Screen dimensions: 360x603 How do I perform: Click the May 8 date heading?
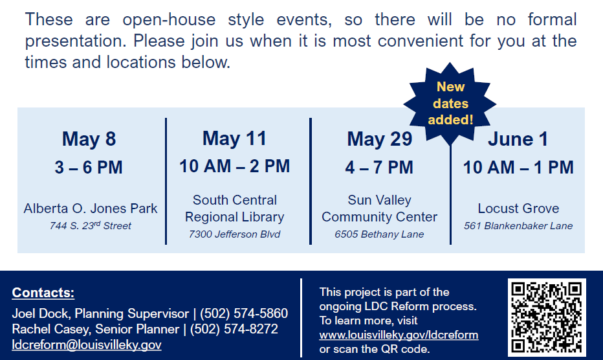[x=89, y=139]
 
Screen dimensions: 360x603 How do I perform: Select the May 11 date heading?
[x=234, y=139]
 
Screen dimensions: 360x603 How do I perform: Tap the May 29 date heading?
[x=379, y=139]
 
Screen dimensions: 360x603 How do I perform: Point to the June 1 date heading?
[x=518, y=139]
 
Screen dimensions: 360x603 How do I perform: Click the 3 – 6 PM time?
[x=89, y=168]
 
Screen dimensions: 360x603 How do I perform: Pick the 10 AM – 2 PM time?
[x=234, y=166]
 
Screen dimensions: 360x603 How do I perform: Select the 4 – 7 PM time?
[x=379, y=168]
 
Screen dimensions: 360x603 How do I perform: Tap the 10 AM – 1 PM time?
[x=518, y=167]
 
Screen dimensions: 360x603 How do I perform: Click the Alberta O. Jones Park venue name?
[x=91, y=208]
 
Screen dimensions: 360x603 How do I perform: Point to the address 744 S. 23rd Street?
[x=91, y=226]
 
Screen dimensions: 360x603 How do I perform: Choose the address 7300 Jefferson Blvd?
[x=234, y=234]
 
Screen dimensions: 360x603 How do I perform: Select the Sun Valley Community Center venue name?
[x=379, y=208]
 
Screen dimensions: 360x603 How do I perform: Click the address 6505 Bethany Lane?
[x=379, y=234]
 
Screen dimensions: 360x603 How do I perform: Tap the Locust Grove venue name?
[x=518, y=208]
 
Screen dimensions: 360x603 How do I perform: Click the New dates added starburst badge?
[x=450, y=103]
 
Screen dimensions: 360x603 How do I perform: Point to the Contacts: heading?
[x=43, y=293]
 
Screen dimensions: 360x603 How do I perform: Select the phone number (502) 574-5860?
[x=244, y=314]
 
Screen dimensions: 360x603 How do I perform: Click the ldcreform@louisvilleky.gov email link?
[x=87, y=345]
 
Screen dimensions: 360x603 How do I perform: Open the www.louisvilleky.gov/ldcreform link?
[x=399, y=335]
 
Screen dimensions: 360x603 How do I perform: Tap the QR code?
[x=547, y=317]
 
